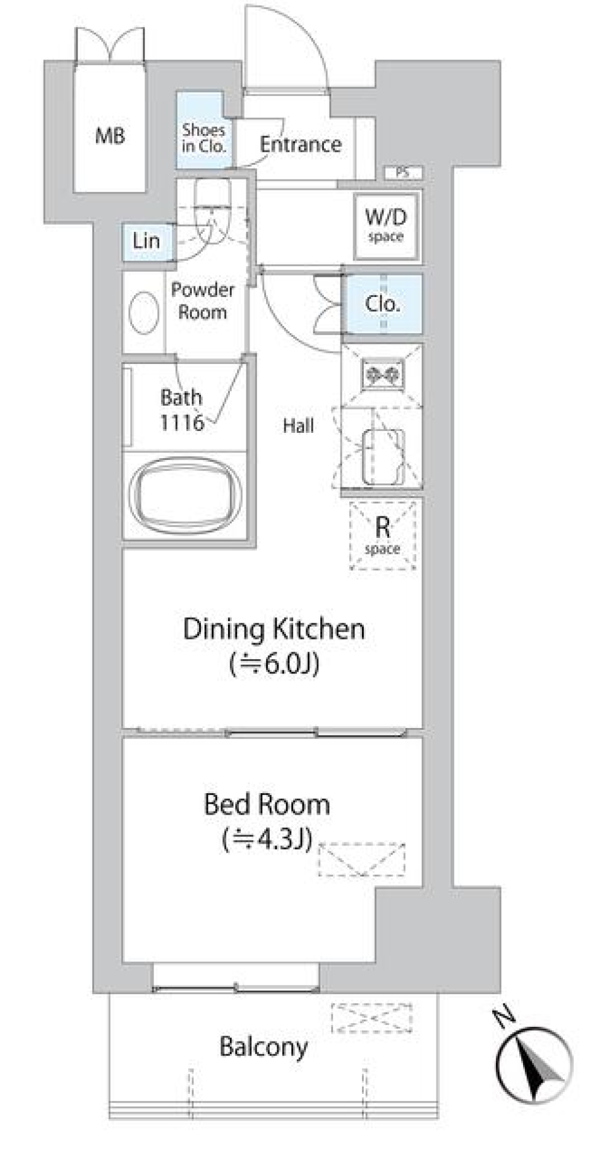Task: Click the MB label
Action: pos(110,135)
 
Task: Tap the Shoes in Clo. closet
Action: pos(203,130)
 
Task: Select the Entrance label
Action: pos(301,144)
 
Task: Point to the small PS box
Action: pos(403,173)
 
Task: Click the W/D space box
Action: pos(386,225)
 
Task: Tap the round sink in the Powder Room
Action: pos(144,312)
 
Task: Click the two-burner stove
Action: pos(383,373)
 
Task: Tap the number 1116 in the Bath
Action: pos(182,422)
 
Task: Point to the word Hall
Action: pos(298,425)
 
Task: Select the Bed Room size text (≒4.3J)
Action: pos(267,839)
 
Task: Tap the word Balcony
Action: pos(264,1047)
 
